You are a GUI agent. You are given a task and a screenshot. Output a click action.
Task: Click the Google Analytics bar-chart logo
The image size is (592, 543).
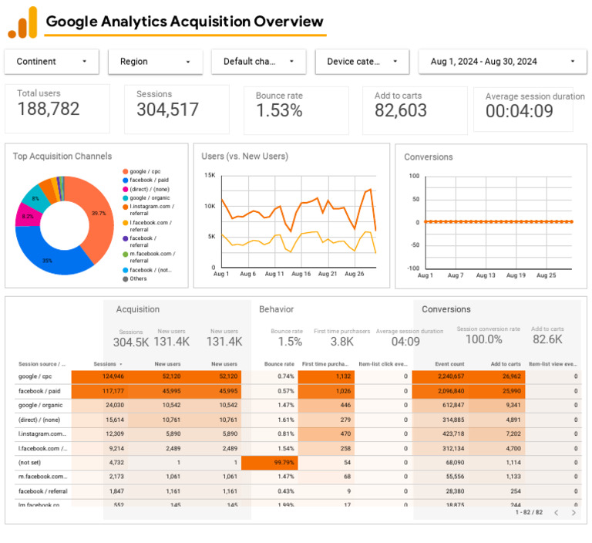click(x=22, y=22)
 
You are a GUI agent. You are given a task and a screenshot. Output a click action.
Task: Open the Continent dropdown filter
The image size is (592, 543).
click(x=52, y=62)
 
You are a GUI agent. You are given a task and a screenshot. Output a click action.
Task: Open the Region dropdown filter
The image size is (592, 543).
click(x=155, y=62)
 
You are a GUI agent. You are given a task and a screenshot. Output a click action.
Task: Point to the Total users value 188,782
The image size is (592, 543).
click(x=49, y=110)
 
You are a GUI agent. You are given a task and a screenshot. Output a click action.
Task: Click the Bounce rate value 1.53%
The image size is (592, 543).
click(x=279, y=111)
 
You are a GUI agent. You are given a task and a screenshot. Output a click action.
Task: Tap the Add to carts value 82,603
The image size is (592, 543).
click(x=401, y=111)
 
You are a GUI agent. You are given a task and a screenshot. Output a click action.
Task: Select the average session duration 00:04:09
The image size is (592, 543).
click(x=520, y=112)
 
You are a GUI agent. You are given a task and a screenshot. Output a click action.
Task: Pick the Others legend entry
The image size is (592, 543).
click(x=139, y=278)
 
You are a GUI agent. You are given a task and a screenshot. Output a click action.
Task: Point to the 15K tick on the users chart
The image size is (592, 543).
click(x=210, y=175)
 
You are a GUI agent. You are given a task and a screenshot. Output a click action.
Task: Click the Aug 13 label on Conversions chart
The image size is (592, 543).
click(x=486, y=275)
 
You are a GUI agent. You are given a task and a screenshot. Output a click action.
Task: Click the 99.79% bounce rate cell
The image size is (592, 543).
click(x=269, y=462)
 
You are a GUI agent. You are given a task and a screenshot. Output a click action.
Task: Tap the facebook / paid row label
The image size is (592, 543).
click(x=39, y=391)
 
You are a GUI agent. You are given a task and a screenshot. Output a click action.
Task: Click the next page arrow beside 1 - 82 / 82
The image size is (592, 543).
click(x=573, y=512)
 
